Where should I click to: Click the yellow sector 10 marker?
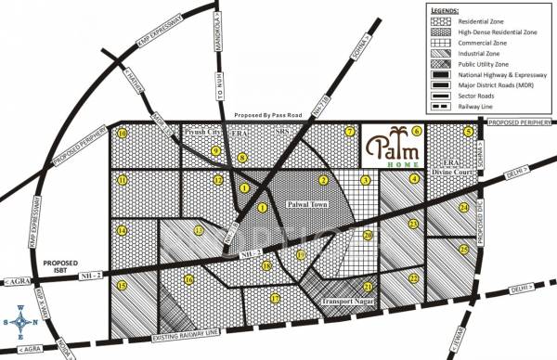tap(122, 134)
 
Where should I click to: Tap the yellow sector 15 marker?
tap(123, 286)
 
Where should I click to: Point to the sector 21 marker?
tap(368, 288)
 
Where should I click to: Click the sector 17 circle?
tap(275, 298)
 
